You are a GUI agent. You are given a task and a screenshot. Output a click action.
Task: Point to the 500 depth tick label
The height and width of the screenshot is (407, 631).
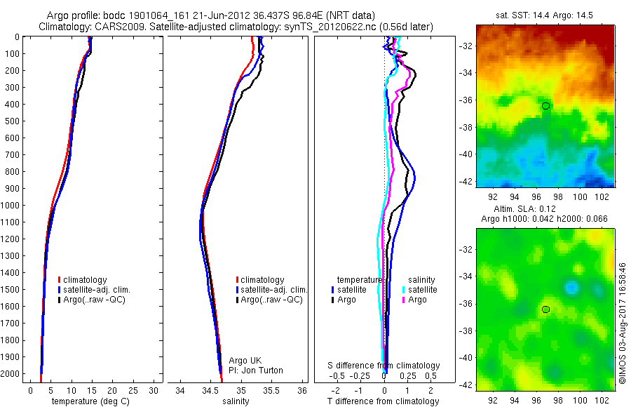[x=15, y=121]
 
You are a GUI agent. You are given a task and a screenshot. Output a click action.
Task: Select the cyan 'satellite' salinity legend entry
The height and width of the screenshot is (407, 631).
[x=423, y=289]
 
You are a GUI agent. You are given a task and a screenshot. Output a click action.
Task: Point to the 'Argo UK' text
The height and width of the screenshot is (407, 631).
[x=245, y=361]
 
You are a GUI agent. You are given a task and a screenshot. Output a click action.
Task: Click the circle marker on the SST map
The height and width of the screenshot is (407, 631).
[x=545, y=106]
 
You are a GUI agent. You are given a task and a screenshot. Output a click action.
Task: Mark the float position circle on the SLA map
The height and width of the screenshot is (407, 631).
[x=545, y=309]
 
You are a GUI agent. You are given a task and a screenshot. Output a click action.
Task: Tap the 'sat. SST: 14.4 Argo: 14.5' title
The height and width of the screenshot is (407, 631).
[x=544, y=13]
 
